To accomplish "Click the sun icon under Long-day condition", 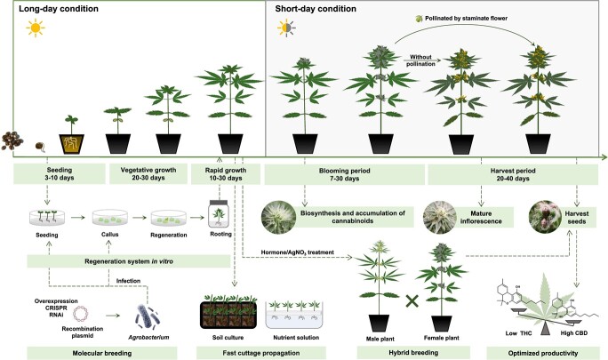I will (x=36, y=28).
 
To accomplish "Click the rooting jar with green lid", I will (x=220, y=214).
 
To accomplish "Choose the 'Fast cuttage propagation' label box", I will (x=247, y=351).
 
